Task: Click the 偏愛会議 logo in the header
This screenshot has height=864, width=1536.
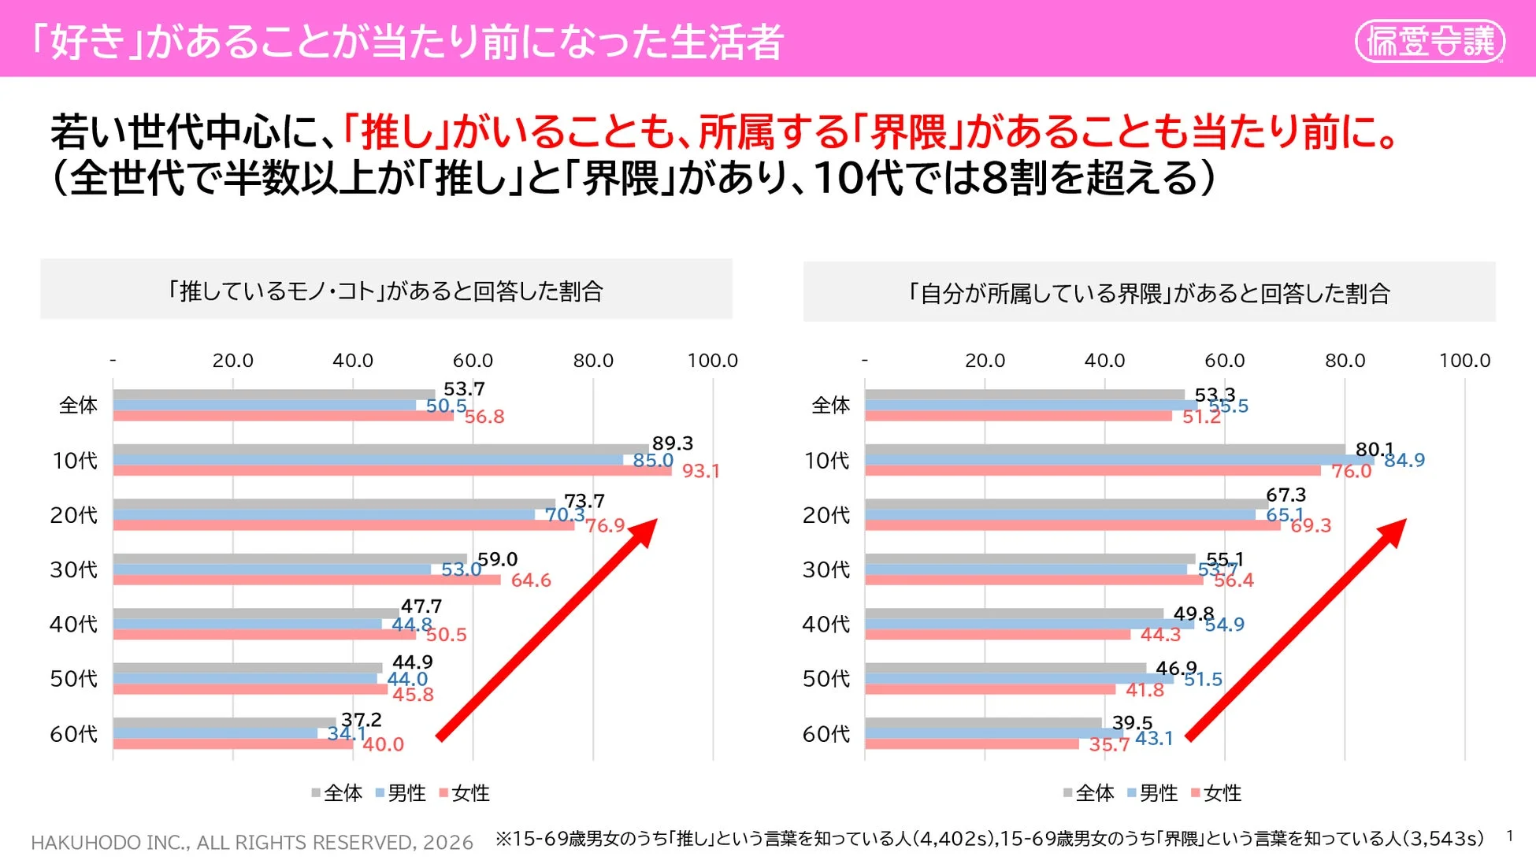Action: click(1429, 41)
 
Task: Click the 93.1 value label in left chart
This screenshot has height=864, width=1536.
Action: click(700, 471)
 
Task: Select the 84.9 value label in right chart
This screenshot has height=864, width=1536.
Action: click(1404, 460)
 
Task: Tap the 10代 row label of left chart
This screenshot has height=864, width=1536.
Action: click(75, 461)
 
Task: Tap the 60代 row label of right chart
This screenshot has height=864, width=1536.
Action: click(826, 734)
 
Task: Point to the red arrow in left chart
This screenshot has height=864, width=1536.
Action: click(547, 630)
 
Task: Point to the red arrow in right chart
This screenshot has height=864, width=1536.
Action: click(1297, 630)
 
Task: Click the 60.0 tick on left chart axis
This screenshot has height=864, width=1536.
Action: click(472, 361)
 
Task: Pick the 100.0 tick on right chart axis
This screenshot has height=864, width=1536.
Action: click(1464, 361)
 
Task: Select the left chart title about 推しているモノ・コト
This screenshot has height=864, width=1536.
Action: click(385, 291)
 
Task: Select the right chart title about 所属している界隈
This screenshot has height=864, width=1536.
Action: click(1148, 294)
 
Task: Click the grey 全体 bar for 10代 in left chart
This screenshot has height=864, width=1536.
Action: click(378, 450)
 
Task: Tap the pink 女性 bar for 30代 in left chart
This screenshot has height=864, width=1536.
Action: click(307, 580)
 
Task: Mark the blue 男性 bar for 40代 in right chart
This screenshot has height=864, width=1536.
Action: click(1024, 624)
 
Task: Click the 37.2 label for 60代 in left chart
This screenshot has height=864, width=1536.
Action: click(361, 720)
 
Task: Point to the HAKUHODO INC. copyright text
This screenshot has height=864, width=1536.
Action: click(252, 843)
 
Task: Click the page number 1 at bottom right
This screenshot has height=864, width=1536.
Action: click(1509, 836)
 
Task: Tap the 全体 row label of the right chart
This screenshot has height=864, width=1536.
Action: click(830, 406)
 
